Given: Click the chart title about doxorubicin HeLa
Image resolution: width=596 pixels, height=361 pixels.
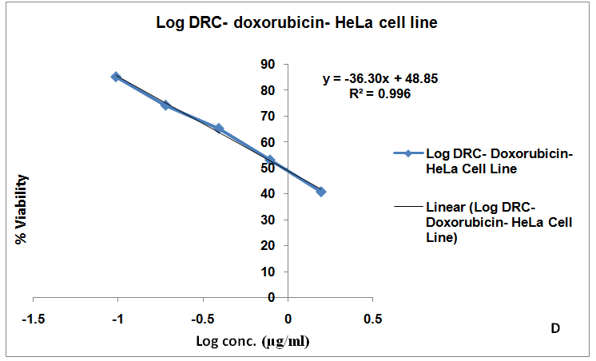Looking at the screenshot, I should pyautogui.click(x=296, y=24).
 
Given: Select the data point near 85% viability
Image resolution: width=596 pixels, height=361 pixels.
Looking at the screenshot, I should pyautogui.click(x=116, y=77).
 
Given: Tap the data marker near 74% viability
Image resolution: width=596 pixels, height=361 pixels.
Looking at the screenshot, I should pyautogui.click(x=165, y=105).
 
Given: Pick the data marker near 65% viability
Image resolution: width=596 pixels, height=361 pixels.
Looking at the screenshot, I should pyautogui.click(x=219, y=129).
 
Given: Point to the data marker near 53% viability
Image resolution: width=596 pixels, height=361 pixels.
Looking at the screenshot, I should pyautogui.click(x=270, y=160).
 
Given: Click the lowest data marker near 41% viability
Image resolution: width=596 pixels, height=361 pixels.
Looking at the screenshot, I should pyautogui.click(x=321, y=192).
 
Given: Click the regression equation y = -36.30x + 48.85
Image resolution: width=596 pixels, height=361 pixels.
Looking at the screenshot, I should pyautogui.click(x=379, y=79).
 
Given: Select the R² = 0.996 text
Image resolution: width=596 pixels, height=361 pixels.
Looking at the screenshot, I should pyautogui.click(x=380, y=93).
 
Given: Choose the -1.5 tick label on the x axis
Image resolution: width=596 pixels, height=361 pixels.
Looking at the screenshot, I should pyautogui.click(x=33, y=319).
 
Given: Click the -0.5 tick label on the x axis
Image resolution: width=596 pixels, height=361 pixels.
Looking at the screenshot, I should pyautogui.click(x=202, y=319).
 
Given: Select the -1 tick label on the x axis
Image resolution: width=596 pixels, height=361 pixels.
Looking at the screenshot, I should pyautogui.click(x=117, y=319).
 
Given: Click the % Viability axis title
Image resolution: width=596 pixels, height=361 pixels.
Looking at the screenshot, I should pyautogui.click(x=23, y=209).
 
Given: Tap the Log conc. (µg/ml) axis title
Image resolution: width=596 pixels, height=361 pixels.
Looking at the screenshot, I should pyautogui.click(x=252, y=342).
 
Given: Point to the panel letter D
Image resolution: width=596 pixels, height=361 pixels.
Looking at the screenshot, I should pyautogui.click(x=554, y=328).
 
